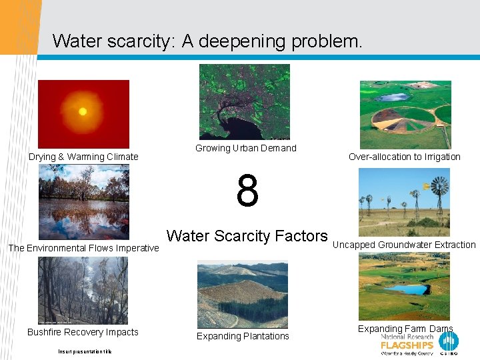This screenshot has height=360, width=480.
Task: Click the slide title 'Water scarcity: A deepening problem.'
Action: coord(207,41)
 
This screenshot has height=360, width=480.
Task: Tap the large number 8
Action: coord(247,191)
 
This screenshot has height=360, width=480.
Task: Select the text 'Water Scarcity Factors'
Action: coord(247,236)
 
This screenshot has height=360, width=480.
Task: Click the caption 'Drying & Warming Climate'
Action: coord(83,157)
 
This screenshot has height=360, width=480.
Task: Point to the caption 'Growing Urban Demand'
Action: coord(245,148)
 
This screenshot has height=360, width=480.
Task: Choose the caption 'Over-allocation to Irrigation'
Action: coord(404,157)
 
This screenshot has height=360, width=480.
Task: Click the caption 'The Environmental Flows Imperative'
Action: coord(83,248)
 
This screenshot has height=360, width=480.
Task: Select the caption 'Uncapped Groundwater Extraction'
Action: coord(404,245)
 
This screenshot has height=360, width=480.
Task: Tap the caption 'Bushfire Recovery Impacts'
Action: coord(83,332)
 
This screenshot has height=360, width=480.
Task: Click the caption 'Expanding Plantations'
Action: coord(243,336)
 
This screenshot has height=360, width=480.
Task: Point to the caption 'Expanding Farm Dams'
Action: coord(405,329)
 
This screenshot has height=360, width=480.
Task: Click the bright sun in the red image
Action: coord(83,111)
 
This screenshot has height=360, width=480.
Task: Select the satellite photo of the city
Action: coord(244,101)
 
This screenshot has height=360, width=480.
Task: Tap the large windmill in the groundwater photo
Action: coord(439,187)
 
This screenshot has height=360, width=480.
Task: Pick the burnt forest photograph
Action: coord(83,291)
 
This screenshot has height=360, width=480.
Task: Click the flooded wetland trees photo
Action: coord(83,202)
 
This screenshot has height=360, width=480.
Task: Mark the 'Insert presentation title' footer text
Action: coord(85,351)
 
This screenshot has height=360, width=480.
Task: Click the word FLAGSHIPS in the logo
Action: coord(407,345)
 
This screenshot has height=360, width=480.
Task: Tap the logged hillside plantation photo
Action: coord(243,294)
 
